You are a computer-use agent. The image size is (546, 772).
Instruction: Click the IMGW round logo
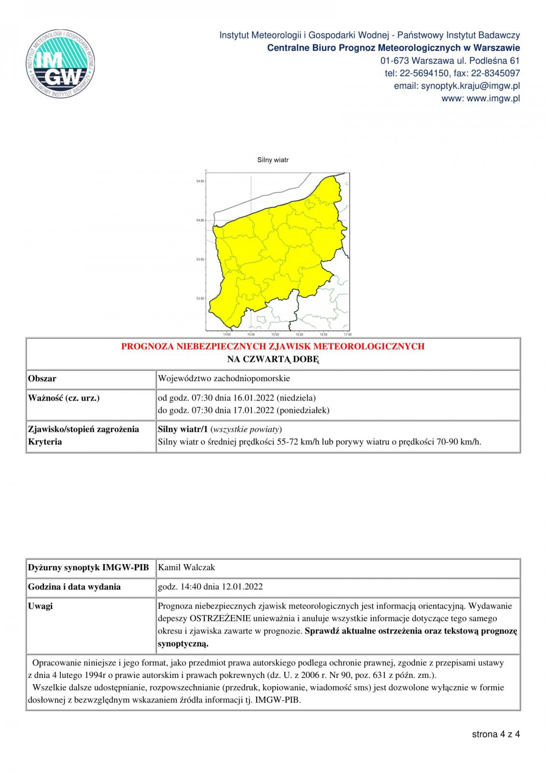61,65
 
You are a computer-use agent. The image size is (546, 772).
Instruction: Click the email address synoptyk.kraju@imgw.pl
470,86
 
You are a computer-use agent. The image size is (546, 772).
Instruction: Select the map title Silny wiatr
273,160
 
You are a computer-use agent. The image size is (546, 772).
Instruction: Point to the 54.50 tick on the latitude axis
200,181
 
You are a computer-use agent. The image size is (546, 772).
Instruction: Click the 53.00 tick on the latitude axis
200,299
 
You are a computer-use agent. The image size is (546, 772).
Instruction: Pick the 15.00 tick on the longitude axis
251,334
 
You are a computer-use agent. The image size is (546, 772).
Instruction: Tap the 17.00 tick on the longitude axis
347,334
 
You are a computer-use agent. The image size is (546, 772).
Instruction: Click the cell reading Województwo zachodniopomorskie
224,378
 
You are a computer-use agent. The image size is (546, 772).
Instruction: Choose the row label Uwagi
40,606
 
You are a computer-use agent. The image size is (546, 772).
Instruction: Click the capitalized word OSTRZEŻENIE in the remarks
221,619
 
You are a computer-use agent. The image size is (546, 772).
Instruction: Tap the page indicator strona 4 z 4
495,734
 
